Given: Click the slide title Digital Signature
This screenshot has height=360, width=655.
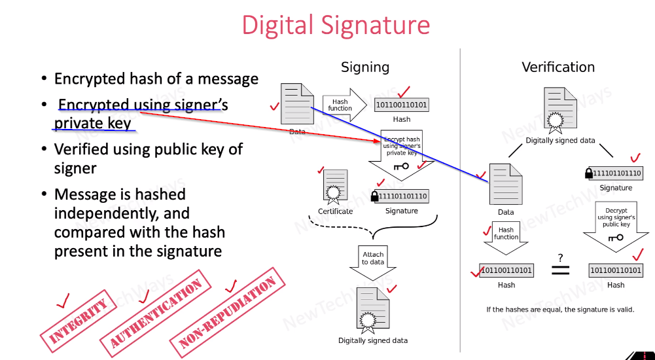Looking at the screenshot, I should point(336,26).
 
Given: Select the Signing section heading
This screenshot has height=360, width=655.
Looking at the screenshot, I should point(365,67).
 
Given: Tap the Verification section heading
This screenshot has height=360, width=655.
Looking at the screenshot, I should point(558,67).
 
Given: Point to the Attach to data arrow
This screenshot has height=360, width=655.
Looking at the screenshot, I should point(374,260).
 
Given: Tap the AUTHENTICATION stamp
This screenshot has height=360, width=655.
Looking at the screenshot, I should point(156,308).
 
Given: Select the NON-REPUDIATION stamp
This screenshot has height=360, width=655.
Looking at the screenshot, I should point(228,312).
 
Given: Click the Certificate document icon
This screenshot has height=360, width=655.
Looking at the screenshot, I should point(335,187).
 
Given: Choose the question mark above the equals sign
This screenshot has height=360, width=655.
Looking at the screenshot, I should point(561,258).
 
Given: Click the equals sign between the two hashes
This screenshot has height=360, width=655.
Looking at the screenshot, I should point(561,270).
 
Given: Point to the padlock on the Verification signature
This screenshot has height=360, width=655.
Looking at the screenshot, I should point(589,173).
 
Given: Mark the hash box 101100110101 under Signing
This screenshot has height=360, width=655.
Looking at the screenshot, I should point(402,105).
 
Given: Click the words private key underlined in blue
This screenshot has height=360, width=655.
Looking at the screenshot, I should point(92,123).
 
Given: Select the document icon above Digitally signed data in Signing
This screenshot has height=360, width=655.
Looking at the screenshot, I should point(372,308).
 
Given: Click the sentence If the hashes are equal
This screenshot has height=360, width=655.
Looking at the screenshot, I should point(559,309).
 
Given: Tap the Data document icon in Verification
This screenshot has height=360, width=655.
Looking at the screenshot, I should point(506,184).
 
